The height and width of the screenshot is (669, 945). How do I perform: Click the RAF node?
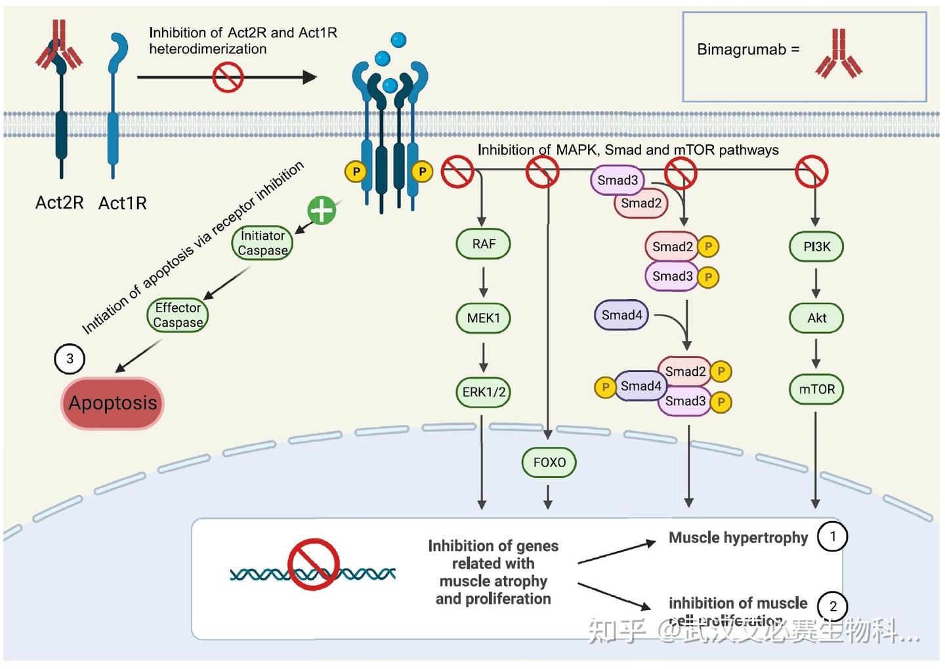pos(483,244)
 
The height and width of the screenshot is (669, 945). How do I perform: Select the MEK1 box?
pos(484,318)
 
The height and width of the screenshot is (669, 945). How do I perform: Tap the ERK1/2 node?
pos(484,392)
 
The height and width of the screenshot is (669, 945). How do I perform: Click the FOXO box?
pos(549,462)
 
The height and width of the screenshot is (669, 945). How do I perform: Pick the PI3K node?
pos(816,247)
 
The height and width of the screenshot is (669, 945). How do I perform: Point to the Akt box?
pos(816,318)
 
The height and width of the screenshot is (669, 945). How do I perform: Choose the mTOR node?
pos(816,390)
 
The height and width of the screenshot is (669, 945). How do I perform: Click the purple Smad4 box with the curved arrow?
pos(621,315)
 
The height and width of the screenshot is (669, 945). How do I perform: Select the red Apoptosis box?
pos(112,403)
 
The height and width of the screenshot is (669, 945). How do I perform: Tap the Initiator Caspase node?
pos(262,243)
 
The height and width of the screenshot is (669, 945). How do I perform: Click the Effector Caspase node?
pos(178,315)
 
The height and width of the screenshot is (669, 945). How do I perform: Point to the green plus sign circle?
pos(322,211)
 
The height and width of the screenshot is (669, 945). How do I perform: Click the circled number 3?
pos(70,359)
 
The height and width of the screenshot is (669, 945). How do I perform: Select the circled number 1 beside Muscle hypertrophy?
pos(832,537)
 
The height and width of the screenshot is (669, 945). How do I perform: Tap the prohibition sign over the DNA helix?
pos(313,564)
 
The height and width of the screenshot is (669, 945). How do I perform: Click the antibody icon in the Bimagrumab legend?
pos(839,54)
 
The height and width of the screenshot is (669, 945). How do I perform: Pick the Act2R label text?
pos(59,203)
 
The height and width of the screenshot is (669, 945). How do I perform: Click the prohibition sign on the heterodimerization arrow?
pos(228,77)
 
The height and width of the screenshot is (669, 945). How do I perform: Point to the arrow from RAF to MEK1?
pos(484,281)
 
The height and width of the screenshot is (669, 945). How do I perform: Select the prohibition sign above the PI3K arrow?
pos(812,172)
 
